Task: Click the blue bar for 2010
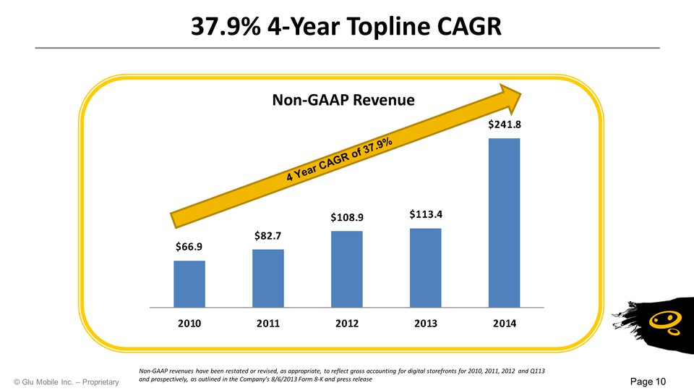(x=189, y=283)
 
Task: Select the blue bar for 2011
(x=268, y=277)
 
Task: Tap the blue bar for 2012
(x=347, y=269)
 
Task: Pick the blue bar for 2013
(x=425, y=267)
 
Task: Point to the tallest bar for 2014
(x=504, y=222)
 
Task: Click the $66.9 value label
(x=189, y=247)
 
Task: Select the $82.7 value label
(x=268, y=235)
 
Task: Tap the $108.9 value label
(x=347, y=217)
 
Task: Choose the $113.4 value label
(x=425, y=214)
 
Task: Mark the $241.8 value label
(x=504, y=125)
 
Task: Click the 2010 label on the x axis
(x=189, y=323)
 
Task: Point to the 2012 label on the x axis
(x=347, y=323)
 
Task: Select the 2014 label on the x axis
(x=504, y=323)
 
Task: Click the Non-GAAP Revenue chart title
(x=343, y=101)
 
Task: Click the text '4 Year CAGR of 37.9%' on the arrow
(x=339, y=160)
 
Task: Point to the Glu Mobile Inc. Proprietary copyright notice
(x=66, y=382)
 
